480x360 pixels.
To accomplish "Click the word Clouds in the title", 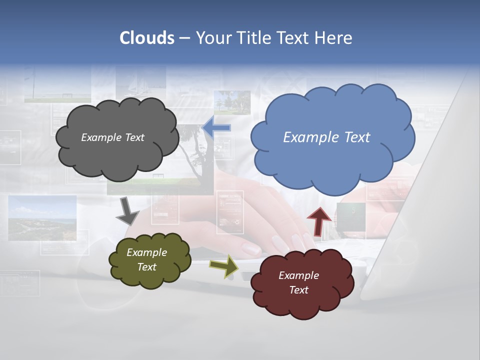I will [x=147, y=38].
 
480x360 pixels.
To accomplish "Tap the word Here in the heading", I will [x=333, y=38].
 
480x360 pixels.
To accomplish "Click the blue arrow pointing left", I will [x=217, y=128].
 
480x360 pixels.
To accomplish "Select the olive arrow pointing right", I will [x=223, y=265].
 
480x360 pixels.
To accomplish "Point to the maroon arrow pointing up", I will [x=318, y=220].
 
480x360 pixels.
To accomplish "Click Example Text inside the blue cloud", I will [x=326, y=137].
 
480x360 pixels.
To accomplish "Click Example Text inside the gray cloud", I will [x=112, y=137].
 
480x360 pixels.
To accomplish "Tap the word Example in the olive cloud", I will [x=146, y=252].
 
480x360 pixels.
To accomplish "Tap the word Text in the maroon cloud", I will [x=298, y=290].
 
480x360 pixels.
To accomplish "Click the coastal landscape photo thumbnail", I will [x=42, y=217].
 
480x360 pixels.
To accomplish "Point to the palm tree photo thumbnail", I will [x=232, y=102].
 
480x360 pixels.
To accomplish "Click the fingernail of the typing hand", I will [x=251, y=248].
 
